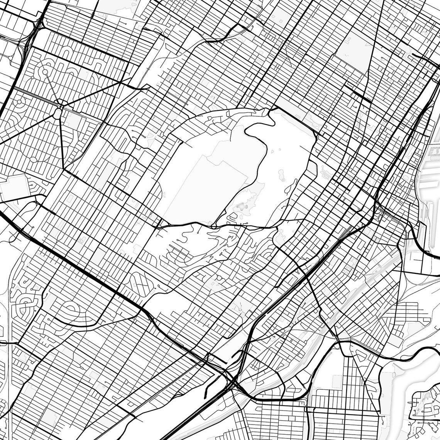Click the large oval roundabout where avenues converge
57,113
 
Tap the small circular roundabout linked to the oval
45,72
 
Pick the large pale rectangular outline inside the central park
205,185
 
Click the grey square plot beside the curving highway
15,187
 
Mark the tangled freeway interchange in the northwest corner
29,37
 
